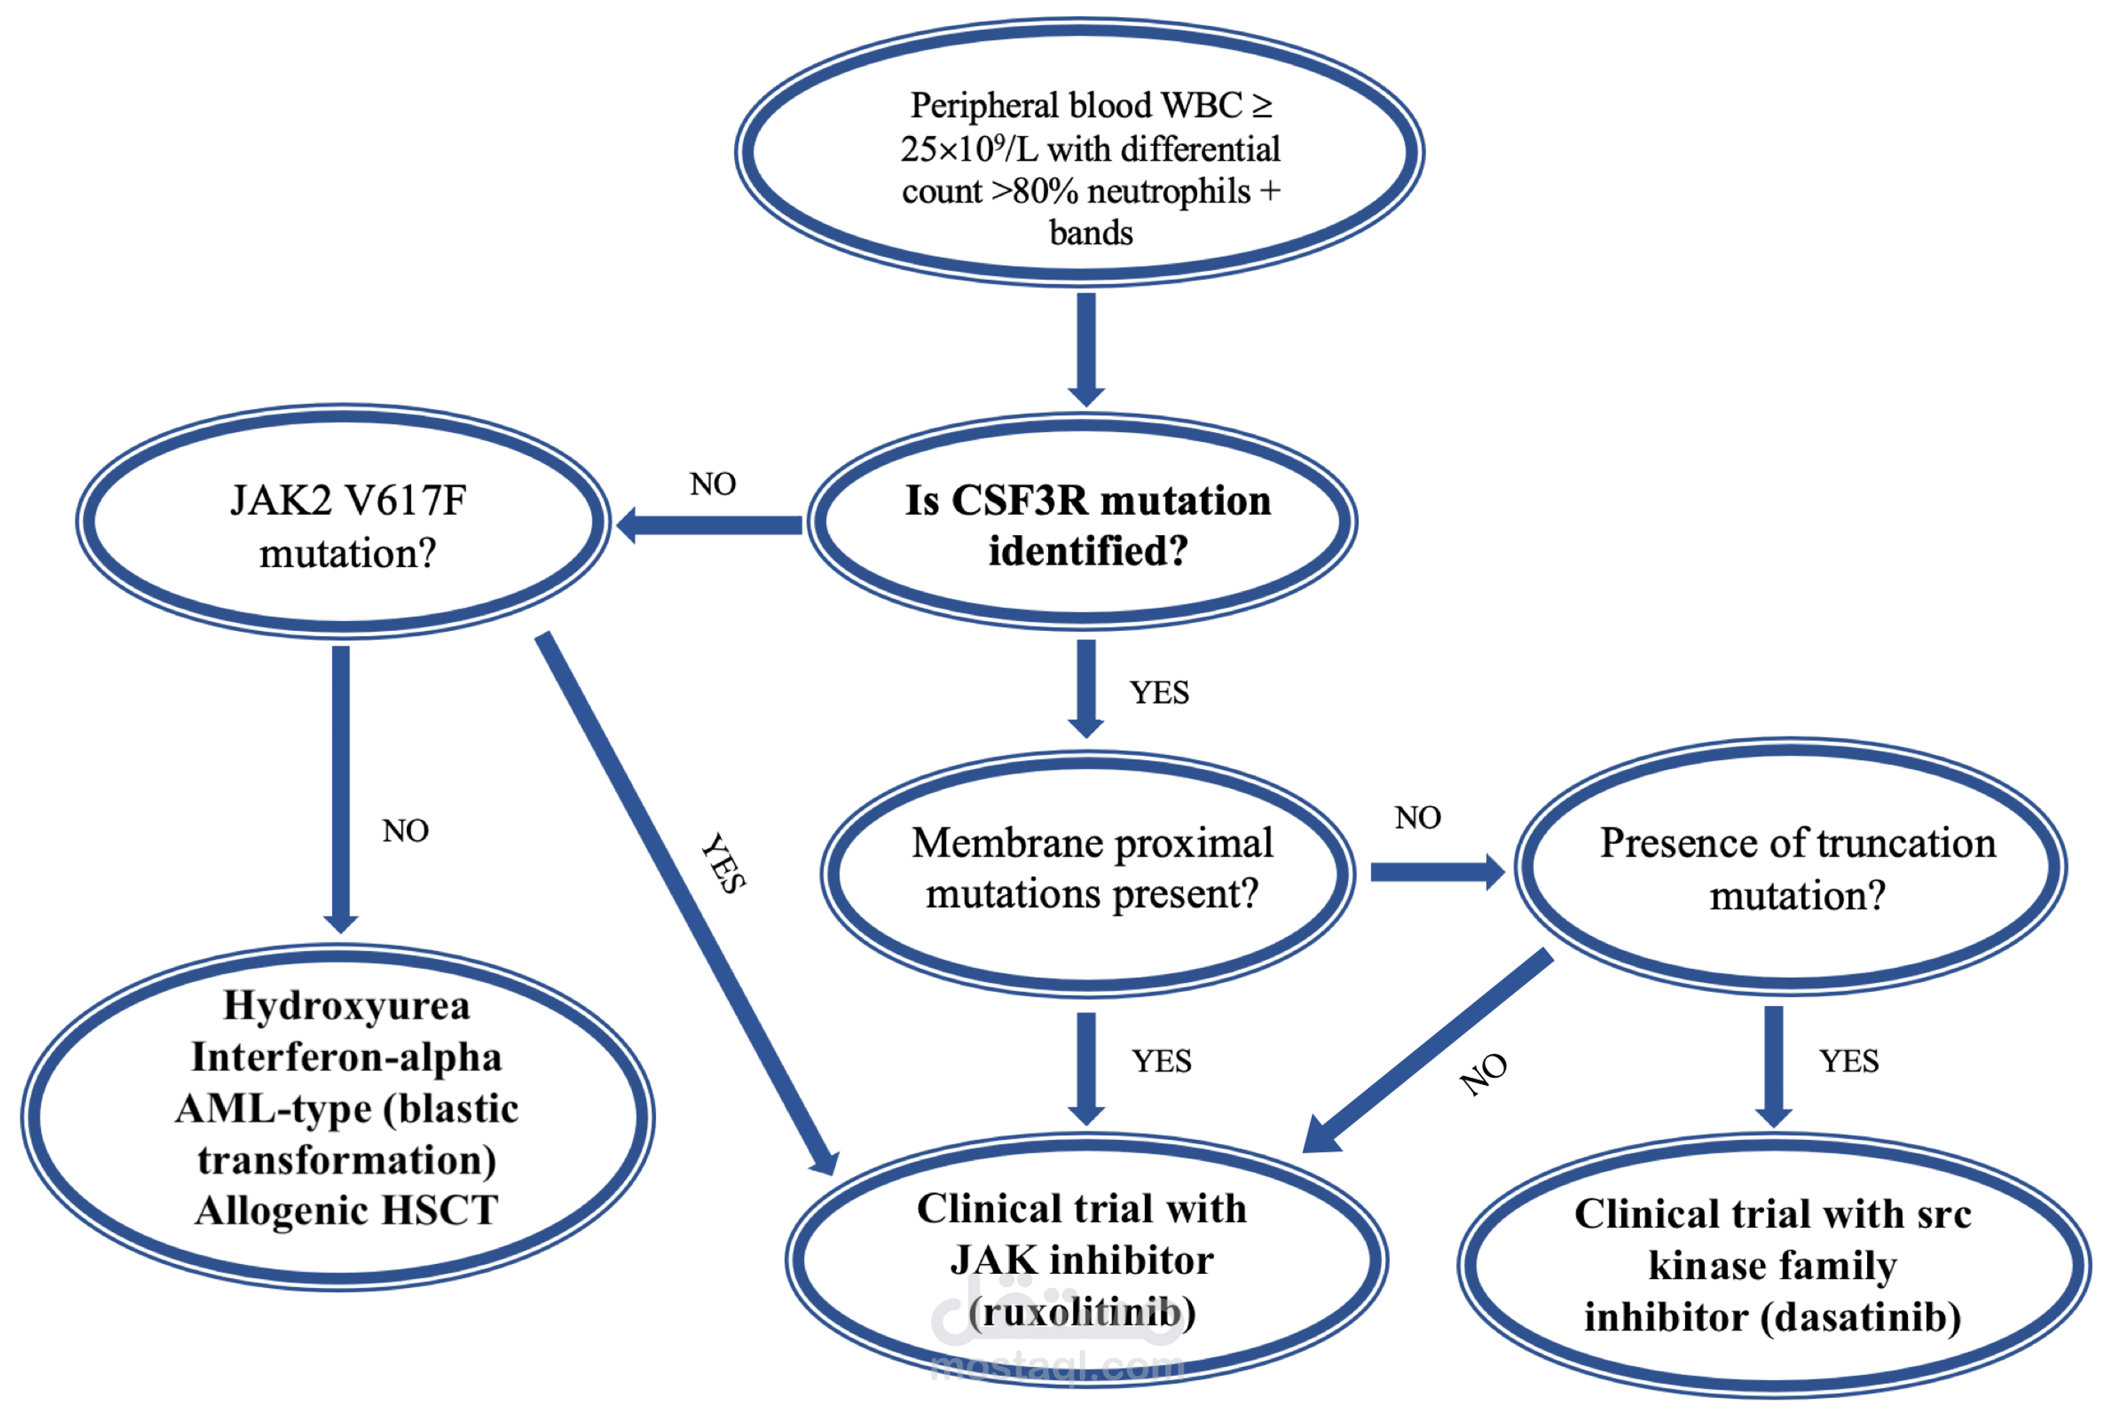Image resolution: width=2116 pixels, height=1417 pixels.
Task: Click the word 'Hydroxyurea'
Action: [347, 1005]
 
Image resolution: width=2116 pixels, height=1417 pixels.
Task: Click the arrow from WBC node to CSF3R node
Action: [1086, 349]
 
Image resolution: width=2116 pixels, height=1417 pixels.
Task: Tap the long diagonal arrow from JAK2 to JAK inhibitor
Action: [687, 904]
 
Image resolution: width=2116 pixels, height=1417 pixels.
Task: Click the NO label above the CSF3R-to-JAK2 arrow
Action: [712, 484]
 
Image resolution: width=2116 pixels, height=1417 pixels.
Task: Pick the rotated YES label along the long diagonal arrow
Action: [723, 863]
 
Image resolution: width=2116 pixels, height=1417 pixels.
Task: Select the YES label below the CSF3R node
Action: [1159, 693]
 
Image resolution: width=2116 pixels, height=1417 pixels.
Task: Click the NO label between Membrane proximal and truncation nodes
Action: [1417, 818]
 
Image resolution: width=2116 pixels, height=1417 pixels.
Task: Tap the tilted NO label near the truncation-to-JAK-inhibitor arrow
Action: [1484, 1074]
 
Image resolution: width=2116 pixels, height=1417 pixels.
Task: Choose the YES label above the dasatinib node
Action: [1849, 1061]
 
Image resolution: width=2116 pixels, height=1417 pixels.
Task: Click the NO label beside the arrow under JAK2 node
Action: [405, 831]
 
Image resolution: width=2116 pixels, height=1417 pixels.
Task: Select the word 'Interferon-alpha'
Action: [347, 1057]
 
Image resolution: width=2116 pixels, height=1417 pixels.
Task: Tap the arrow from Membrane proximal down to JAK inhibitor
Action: [1086, 1067]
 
